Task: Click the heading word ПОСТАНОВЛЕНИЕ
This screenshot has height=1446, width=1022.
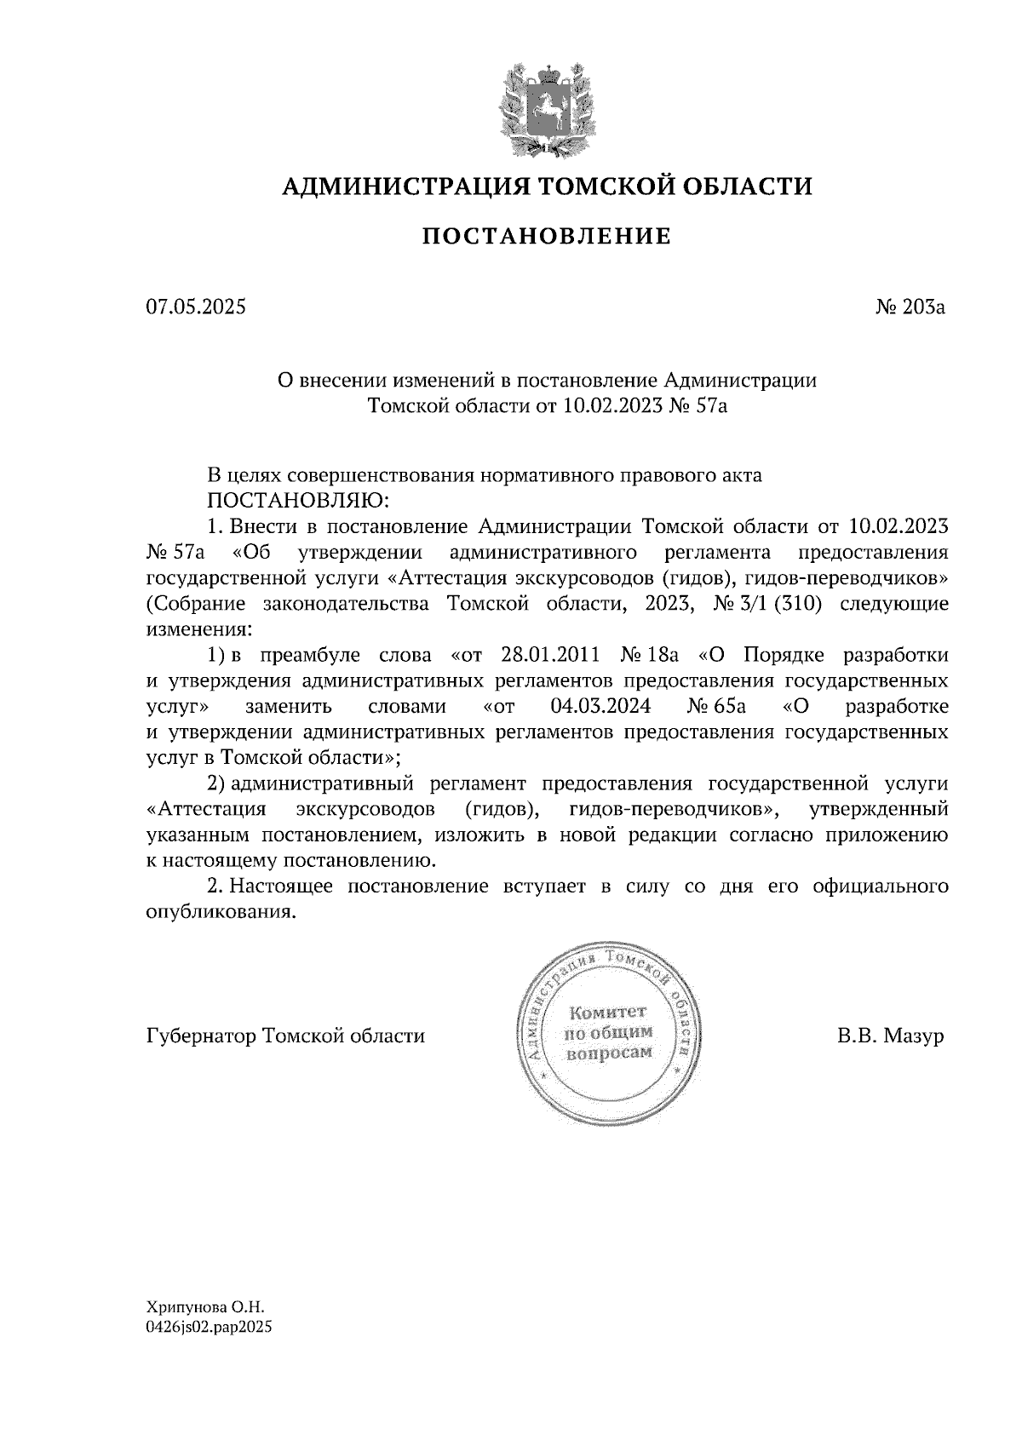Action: tap(547, 236)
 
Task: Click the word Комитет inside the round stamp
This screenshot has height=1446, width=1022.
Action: tap(608, 1013)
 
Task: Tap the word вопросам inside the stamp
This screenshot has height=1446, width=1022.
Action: tap(608, 1052)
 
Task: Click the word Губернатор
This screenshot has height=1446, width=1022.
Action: tap(202, 1036)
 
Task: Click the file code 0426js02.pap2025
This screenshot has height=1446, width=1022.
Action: tap(209, 1326)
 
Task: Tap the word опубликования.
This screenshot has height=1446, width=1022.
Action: tap(221, 912)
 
